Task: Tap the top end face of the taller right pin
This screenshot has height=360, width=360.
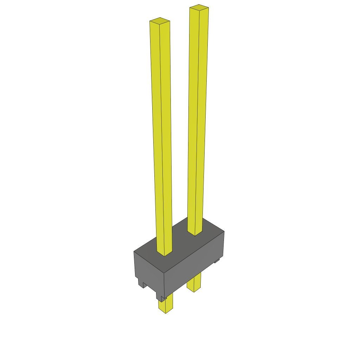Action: pos(199,7)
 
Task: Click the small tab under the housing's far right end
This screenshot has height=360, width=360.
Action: pos(217,261)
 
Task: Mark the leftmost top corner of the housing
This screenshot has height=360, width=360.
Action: pos(134,251)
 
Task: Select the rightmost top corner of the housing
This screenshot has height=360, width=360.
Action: pos(224,231)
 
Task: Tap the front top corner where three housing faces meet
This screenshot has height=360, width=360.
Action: pos(164,273)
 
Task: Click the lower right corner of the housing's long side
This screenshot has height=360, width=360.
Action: pos(224,256)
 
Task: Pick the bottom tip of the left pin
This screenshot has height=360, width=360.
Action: pos(165,313)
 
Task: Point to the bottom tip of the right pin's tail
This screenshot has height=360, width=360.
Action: pos(194,292)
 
